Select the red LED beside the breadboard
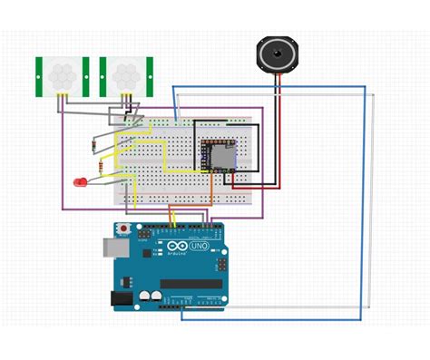click(x=81, y=182)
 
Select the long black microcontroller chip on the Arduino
click(x=191, y=284)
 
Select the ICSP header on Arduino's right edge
click(x=220, y=266)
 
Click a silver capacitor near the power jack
click(x=145, y=296)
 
